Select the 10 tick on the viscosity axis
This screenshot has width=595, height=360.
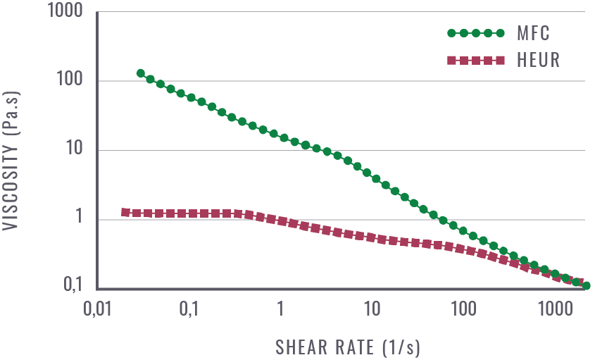click(75, 150)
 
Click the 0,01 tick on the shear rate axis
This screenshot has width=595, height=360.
click(98, 311)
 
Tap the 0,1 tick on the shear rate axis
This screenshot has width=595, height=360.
click(189, 311)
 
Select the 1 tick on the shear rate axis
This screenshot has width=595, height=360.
click(280, 311)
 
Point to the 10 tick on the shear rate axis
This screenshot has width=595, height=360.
click(372, 311)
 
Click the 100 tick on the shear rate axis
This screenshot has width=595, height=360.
click(463, 311)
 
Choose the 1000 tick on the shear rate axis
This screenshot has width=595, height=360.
click(555, 311)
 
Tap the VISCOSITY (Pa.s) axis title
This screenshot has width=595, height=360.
click(13, 151)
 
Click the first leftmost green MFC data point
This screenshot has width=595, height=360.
click(141, 73)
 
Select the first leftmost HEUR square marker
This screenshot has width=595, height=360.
click(125, 212)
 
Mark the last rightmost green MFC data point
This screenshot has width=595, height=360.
click(586, 285)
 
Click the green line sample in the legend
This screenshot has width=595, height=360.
click(476, 33)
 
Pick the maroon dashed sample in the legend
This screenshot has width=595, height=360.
click(476, 61)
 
